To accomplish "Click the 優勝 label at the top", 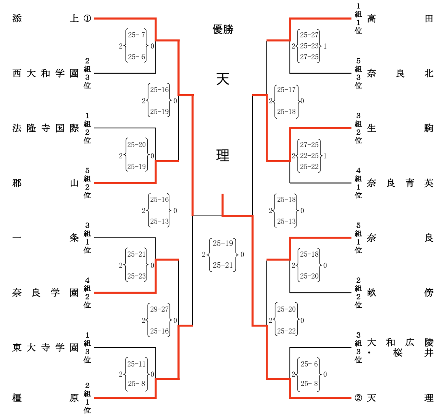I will (223, 29).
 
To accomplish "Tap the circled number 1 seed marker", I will (87, 18).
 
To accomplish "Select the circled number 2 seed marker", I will (358, 398).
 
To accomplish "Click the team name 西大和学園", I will (45, 73).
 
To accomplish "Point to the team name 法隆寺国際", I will (45, 128).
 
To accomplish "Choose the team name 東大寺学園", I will (45, 348).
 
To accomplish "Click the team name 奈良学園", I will (45, 293).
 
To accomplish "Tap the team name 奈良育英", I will (400, 183).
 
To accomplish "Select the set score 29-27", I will (159, 309).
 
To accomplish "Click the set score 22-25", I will (309, 156).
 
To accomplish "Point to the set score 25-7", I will (137, 35).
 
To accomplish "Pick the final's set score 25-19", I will (223, 243).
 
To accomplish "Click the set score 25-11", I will (137, 364).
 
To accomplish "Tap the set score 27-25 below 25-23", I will (309, 57).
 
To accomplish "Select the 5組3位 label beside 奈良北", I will (358, 73).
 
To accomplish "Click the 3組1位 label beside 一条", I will (87, 238).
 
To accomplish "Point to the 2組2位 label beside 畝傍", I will (358, 293).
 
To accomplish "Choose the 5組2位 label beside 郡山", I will (87, 183).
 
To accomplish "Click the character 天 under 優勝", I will (223, 79).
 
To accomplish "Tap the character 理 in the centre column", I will (223, 155).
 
